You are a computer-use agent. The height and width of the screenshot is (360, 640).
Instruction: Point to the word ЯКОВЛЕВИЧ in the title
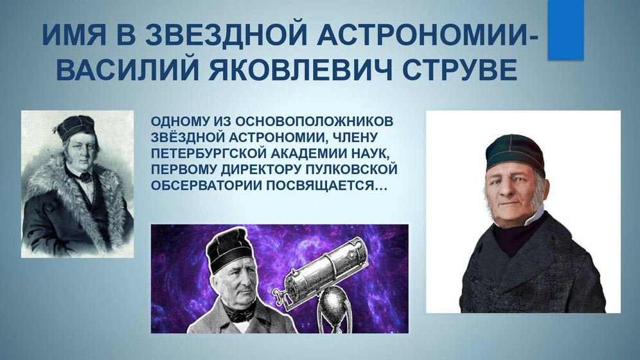click(x=301, y=69)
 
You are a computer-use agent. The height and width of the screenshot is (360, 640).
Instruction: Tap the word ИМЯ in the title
click(x=73, y=35)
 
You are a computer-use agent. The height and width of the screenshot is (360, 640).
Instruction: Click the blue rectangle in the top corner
click(x=565, y=30)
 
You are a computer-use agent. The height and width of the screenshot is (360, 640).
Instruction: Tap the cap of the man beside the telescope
click(x=226, y=250)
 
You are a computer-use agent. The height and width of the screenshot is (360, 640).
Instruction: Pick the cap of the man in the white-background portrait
click(x=515, y=155)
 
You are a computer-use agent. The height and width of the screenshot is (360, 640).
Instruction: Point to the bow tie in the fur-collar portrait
click(x=85, y=176)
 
